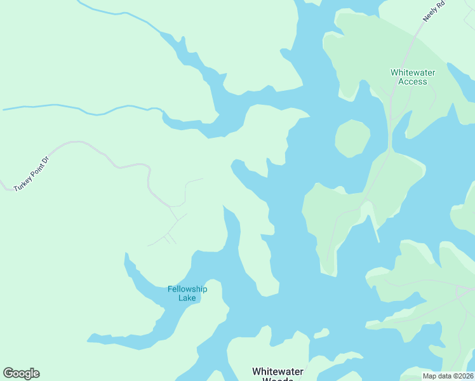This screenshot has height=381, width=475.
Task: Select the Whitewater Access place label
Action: click(x=412, y=77)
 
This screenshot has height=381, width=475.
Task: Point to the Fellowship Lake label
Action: click(x=187, y=293)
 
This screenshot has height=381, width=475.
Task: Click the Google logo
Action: click(x=21, y=373)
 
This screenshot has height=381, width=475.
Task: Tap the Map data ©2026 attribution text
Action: click(x=448, y=376)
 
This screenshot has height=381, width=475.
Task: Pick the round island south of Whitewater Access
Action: click(x=352, y=138)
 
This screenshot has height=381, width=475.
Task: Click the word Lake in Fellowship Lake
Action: click(x=187, y=298)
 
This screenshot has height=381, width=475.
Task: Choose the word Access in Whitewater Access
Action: click(x=412, y=81)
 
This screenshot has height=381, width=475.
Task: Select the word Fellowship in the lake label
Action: click(x=187, y=289)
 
